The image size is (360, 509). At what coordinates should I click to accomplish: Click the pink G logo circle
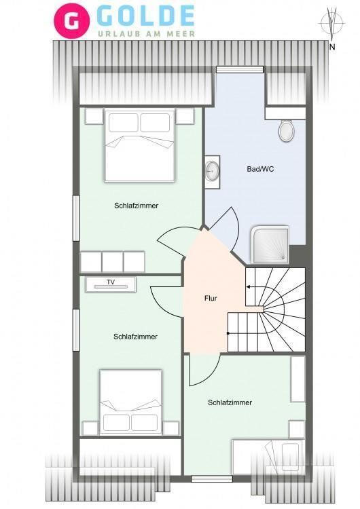tap(71, 21)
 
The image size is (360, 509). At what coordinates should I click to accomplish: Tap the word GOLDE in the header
tap(145, 16)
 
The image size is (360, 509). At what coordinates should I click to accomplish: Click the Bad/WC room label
tap(260, 169)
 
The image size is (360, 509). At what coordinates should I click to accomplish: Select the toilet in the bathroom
tap(286, 130)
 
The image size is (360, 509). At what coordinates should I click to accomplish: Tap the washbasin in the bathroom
tap(213, 171)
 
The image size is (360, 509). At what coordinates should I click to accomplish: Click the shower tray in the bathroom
tap(270, 244)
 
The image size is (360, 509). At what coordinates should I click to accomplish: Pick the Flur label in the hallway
tap(211, 298)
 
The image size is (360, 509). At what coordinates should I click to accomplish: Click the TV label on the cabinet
tap(111, 282)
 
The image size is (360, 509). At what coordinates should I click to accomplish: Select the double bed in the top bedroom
tap(139, 146)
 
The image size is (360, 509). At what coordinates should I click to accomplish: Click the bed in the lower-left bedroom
tap(130, 402)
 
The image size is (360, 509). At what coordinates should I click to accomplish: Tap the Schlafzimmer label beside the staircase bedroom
tap(230, 402)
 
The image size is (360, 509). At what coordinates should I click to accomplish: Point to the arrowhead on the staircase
tap(248, 287)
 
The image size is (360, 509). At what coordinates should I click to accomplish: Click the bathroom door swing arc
tap(234, 227)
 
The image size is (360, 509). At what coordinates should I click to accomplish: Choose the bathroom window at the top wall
tap(240, 69)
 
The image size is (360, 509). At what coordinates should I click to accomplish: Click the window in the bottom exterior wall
tap(211, 479)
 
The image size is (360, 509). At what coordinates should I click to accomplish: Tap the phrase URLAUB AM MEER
tap(147, 34)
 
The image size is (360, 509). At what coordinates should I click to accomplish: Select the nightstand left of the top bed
tap(94, 116)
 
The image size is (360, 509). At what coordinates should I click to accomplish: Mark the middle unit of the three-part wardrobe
tap(113, 262)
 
